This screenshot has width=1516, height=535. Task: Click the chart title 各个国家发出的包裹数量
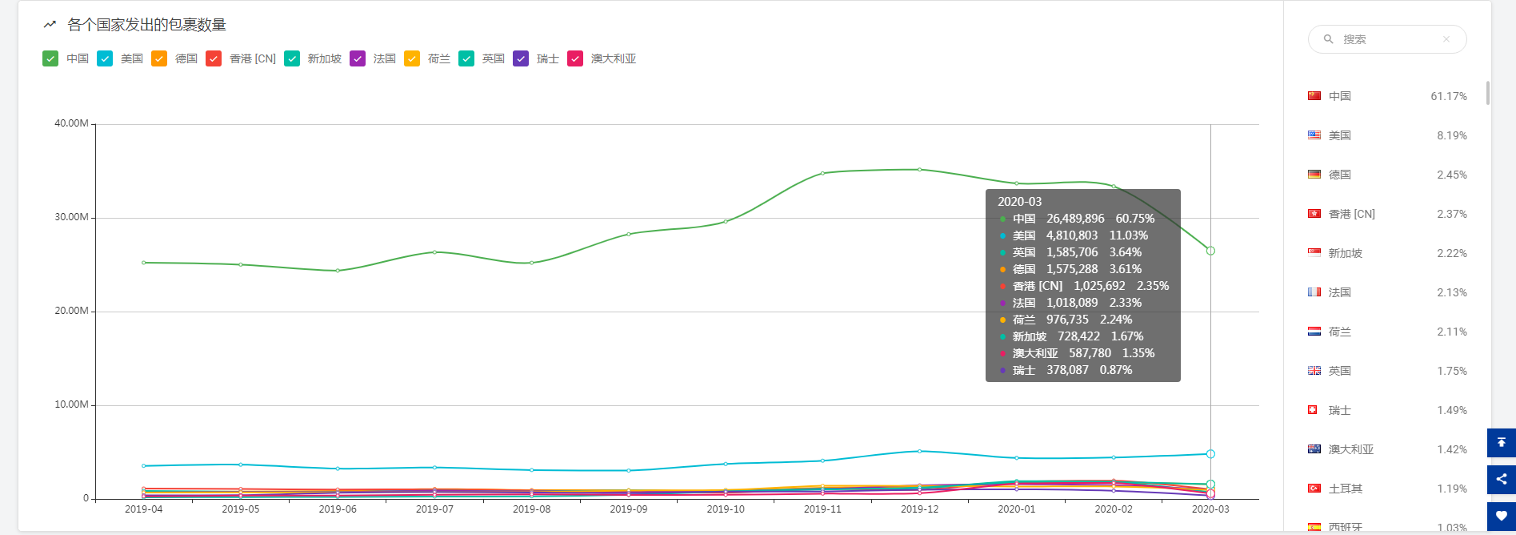146,25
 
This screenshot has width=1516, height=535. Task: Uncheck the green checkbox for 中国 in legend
50,58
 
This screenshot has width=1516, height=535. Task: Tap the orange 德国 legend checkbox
159,58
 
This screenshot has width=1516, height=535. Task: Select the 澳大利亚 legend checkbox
575,58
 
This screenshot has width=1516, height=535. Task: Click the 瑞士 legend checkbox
521,58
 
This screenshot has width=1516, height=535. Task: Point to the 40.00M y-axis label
71,123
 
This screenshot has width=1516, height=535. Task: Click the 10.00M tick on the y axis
71,404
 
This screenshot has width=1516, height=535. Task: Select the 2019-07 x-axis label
434,509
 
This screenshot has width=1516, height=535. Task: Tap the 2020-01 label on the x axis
1016,509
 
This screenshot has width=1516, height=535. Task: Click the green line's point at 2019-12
919,170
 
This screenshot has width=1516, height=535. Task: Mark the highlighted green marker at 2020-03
1210,251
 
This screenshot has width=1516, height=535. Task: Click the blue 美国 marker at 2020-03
1210,454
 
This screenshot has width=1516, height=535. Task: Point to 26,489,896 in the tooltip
1075,219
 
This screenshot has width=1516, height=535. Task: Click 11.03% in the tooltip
1128,235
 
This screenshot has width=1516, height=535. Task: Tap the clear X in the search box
1446,39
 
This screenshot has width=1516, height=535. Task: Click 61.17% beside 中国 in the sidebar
1448,96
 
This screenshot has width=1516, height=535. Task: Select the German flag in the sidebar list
1314,175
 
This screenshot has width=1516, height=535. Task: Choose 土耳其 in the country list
1345,489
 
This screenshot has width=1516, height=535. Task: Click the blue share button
1501,479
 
